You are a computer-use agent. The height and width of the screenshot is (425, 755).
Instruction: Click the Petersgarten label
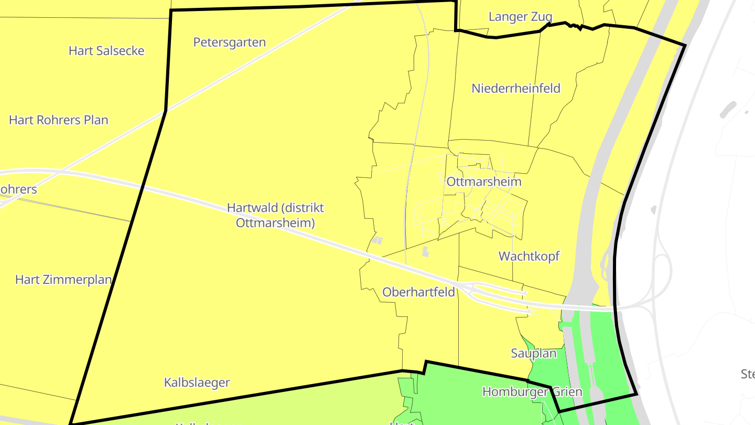(229, 42)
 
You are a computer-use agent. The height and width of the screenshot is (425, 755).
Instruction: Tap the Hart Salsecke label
(106, 51)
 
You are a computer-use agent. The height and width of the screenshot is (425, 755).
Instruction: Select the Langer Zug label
(520, 17)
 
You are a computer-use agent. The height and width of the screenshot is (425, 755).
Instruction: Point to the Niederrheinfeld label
(516, 88)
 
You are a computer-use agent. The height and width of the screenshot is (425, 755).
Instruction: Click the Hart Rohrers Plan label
(59, 120)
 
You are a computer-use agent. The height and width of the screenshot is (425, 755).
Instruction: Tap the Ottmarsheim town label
(484, 182)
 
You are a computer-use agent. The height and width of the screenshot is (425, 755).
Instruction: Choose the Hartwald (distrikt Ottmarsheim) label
(275, 215)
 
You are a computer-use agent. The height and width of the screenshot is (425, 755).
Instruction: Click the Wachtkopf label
(529, 256)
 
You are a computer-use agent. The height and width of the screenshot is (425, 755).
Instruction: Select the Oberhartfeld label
(418, 292)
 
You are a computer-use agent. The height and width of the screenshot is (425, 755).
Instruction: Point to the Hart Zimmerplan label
(63, 280)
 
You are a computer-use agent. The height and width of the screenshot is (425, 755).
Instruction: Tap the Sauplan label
(533, 354)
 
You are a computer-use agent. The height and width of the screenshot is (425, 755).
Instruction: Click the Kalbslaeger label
(197, 382)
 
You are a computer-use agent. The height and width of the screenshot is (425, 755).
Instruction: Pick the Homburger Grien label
(532, 392)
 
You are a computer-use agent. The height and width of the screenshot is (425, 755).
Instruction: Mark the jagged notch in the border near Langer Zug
(576, 26)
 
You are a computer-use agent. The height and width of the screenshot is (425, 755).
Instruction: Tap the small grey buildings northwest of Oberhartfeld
(377, 241)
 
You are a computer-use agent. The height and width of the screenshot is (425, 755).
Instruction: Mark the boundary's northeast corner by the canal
(685, 45)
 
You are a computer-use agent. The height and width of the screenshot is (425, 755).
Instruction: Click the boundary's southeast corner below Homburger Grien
(637, 394)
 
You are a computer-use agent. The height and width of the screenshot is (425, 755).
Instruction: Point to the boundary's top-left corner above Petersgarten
(171, 10)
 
